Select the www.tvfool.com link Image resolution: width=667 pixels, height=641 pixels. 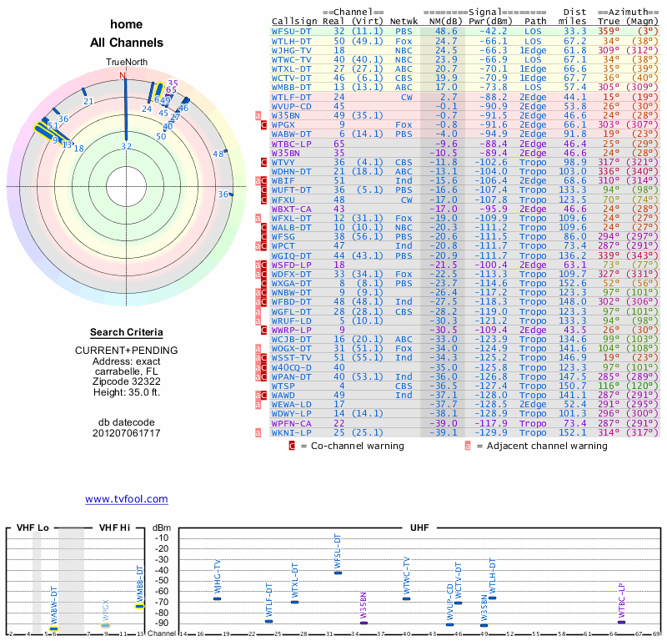[x=127, y=499]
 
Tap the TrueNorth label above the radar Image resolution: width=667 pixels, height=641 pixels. [x=126, y=63]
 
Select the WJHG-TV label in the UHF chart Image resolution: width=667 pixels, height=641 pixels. [x=217, y=578]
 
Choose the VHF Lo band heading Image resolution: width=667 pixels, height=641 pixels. [x=34, y=528]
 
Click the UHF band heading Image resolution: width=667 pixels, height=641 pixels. [x=419, y=528]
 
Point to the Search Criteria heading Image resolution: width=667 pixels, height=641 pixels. [x=126, y=332]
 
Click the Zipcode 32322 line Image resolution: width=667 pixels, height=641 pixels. [x=126, y=379]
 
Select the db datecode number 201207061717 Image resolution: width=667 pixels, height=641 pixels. [x=126, y=433]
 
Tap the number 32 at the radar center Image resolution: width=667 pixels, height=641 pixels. [x=127, y=147]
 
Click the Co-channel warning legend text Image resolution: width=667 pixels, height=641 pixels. [x=351, y=446]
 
